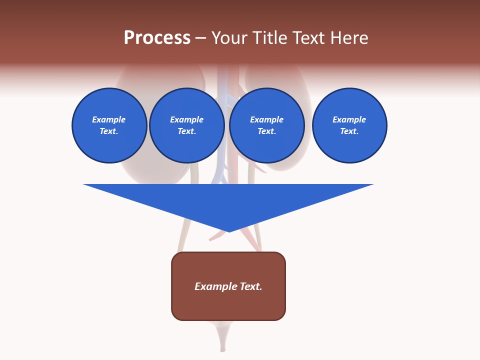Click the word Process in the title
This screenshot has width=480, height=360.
(x=157, y=38)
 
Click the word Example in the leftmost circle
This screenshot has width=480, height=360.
(x=109, y=119)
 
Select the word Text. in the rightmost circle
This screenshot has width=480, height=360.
(x=349, y=131)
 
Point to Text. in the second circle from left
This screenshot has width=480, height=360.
(x=187, y=131)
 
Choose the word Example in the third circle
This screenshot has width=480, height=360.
(x=267, y=119)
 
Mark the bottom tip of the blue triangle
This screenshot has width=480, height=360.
(x=228, y=231)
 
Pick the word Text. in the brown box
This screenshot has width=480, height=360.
(x=251, y=286)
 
